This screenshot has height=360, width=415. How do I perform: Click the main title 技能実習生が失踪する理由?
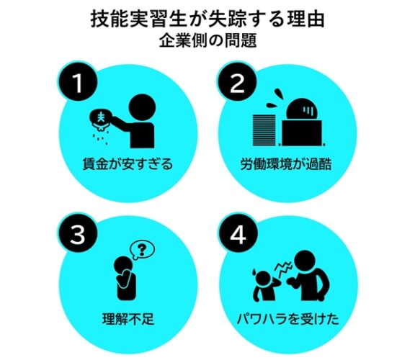(207, 19)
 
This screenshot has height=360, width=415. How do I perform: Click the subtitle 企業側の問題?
(207, 41)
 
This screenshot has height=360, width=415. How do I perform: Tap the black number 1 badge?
(78, 82)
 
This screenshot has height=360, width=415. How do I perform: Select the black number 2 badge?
(237, 82)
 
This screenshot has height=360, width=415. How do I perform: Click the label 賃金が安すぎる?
(128, 164)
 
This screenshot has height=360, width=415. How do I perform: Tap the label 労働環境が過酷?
(286, 164)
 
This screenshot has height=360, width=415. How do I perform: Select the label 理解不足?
(128, 318)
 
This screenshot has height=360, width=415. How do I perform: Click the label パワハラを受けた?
(287, 318)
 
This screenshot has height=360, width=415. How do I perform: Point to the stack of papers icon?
(264, 130)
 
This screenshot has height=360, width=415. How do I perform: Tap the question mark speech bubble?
(142, 249)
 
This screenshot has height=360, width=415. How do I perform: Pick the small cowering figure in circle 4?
(264, 285)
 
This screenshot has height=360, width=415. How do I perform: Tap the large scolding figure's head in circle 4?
(305, 260)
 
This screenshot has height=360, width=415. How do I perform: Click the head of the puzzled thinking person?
(123, 265)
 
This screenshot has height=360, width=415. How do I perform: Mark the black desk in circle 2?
(302, 132)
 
